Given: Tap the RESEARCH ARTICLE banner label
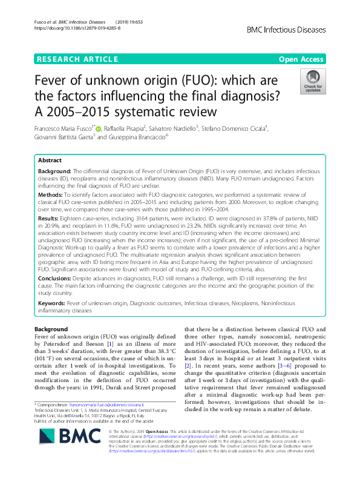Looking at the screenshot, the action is [77, 59].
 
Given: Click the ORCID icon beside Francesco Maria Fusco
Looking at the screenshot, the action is [99, 128].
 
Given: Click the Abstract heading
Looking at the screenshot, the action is [50, 161].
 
